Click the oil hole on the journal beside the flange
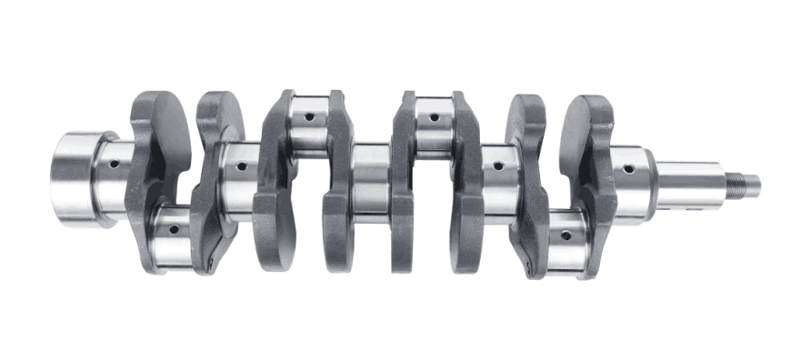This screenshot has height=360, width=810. click(114, 165)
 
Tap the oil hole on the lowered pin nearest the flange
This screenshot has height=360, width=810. click(170, 225)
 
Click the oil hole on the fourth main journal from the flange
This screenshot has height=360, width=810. click(496, 165)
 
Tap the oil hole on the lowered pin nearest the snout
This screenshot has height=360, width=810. click(565, 235)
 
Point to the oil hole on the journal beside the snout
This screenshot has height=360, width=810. click(627, 167)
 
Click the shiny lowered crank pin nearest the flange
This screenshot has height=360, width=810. click(173, 238)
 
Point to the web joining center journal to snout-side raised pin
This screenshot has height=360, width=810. click(402, 182)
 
